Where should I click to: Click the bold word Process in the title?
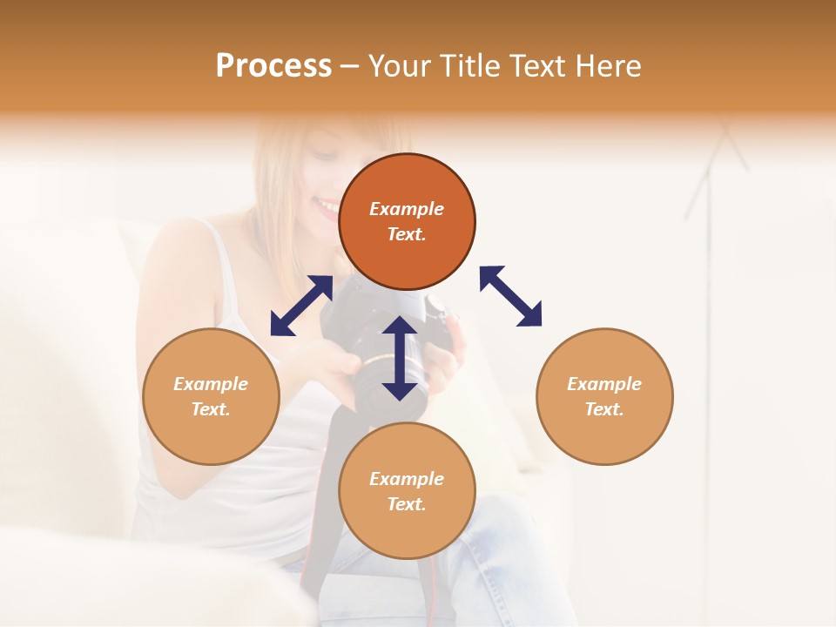[x=273, y=66]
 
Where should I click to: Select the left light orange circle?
[x=211, y=396]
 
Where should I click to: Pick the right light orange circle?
[x=604, y=396]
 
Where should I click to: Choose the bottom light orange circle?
[x=407, y=490]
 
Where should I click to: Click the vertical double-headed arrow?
[x=400, y=358]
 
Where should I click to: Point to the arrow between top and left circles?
[x=301, y=305]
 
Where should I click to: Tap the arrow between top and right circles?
[x=510, y=296]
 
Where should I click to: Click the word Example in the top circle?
[x=407, y=209]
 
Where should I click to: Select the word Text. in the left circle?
[x=211, y=409]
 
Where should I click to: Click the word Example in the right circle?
[x=604, y=384]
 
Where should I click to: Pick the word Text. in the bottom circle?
[x=407, y=504]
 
